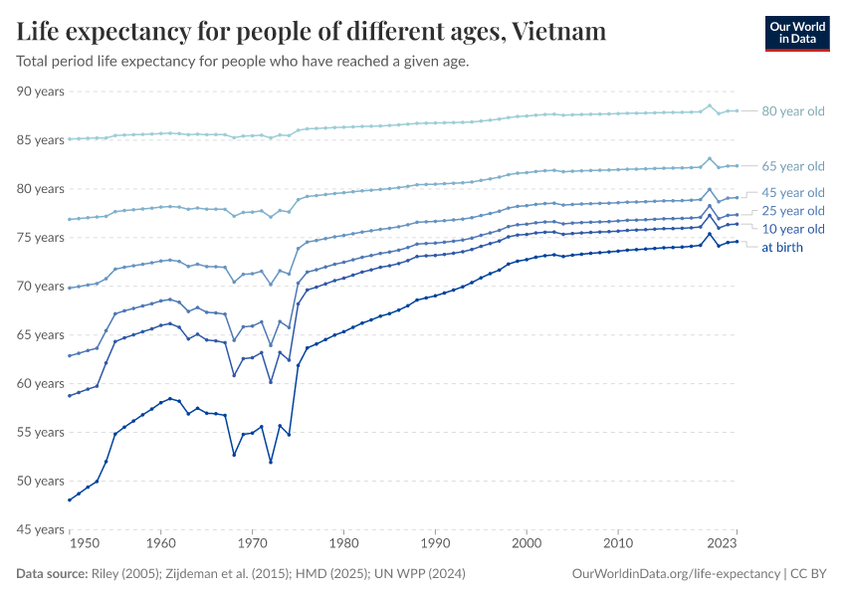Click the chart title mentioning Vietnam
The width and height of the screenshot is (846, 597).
(x=312, y=32)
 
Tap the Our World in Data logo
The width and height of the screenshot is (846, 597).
(x=796, y=32)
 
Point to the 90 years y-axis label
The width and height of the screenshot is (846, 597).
(x=41, y=92)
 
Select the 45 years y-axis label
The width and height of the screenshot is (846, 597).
(x=41, y=529)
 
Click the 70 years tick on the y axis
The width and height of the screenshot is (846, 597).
(x=41, y=287)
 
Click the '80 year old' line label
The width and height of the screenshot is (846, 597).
(x=792, y=111)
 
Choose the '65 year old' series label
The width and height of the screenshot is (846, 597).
(x=792, y=166)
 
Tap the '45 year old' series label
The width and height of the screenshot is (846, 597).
(x=792, y=192)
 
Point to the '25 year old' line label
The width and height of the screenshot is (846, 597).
(x=792, y=211)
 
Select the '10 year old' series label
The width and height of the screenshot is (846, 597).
(x=792, y=229)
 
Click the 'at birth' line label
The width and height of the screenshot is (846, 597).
(x=781, y=247)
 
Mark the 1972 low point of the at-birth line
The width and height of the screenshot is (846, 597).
(x=271, y=462)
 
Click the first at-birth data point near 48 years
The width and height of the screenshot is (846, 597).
(x=69, y=499)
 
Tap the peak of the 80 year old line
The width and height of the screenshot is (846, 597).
(x=710, y=105)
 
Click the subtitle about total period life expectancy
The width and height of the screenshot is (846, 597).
(x=242, y=62)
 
